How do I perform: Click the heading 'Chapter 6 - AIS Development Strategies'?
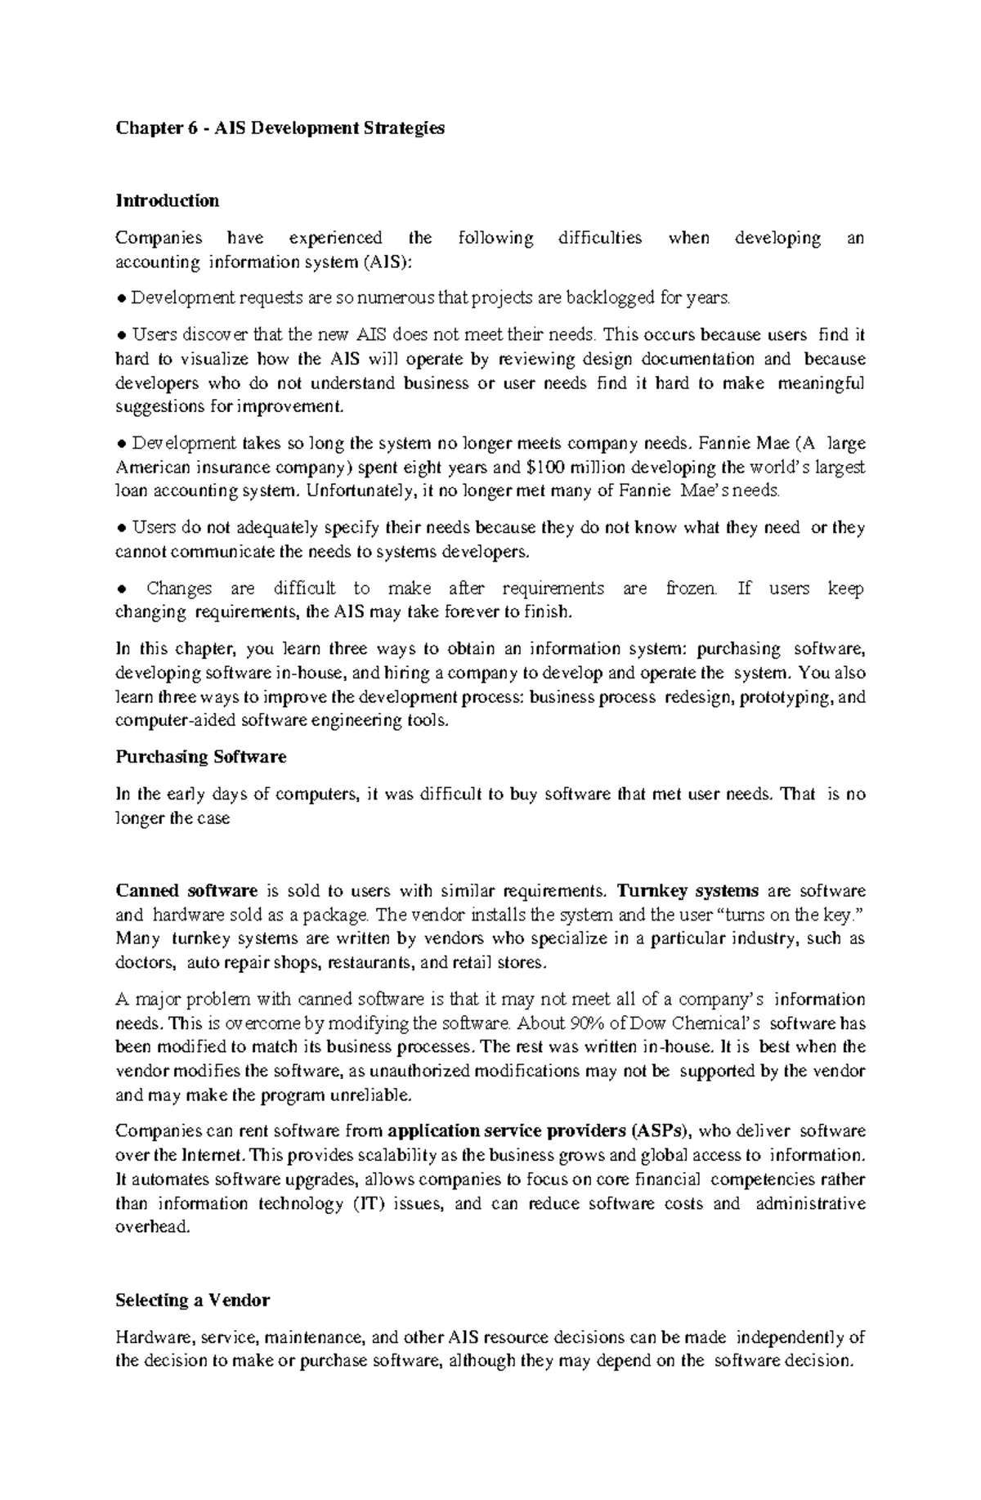280,128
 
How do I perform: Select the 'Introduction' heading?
168,201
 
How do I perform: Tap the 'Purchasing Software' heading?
201,757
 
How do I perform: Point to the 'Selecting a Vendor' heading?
193,1300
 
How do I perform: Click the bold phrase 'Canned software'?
187,891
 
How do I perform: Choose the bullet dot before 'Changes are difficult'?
121,589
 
